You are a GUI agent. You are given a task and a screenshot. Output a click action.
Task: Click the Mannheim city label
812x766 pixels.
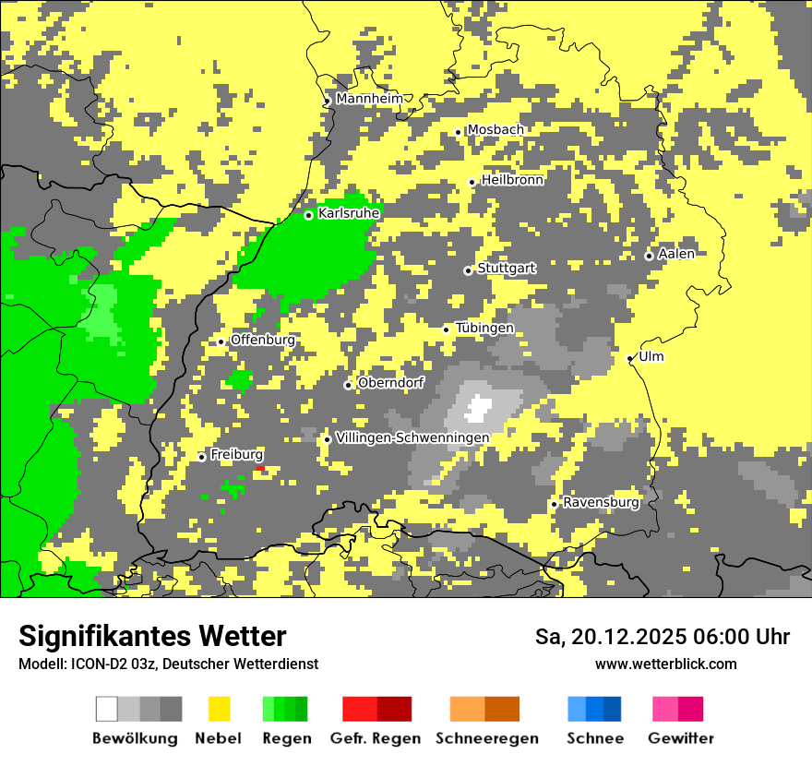click(369, 99)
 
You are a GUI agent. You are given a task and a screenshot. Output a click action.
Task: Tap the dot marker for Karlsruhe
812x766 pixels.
click(309, 215)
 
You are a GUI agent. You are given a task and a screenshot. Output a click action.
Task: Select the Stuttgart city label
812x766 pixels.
click(506, 269)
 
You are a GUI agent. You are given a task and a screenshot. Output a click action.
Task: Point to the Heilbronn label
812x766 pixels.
click(512, 180)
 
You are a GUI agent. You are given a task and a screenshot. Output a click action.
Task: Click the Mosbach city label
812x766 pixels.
click(495, 130)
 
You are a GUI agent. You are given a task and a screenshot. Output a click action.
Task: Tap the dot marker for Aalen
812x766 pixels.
click(649, 256)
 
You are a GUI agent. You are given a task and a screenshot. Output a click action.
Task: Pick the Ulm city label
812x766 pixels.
click(651, 356)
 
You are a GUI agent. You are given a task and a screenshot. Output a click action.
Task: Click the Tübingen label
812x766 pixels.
click(484, 329)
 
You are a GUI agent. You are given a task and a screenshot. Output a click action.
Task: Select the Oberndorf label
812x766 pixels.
click(390, 383)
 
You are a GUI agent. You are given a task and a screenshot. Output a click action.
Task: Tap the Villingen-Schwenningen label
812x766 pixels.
click(412, 437)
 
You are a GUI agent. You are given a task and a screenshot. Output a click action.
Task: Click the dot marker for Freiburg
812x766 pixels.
click(202, 457)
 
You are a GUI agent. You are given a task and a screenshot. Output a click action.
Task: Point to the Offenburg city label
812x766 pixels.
click(263, 340)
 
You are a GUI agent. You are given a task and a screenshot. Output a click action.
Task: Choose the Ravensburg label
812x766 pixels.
click(601, 503)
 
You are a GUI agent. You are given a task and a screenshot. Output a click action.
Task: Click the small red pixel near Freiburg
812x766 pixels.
click(260, 469)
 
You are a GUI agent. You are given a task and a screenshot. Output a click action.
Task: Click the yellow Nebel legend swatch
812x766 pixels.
click(220, 709)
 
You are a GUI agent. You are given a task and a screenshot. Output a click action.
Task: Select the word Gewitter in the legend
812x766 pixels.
click(681, 738)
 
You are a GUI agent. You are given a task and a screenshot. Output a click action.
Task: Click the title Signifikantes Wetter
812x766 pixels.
click(152, 636)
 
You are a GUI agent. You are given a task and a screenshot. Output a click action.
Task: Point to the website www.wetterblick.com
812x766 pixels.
click(665, 664)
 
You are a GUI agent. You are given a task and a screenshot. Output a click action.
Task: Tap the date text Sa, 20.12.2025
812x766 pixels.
click(609, 637)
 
